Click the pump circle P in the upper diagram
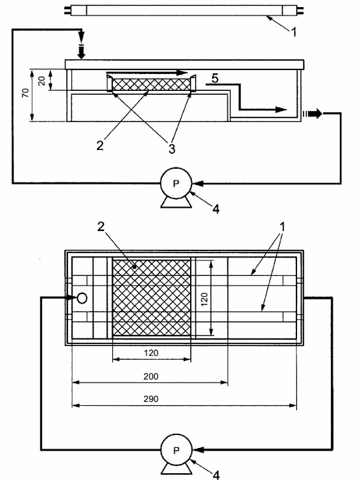pos(176,184)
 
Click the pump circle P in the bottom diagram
pos(176,450)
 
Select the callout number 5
pos(215,79)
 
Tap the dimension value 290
pos(150,399)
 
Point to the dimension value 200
pos(150,377)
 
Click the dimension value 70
pos(26,93)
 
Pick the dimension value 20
pos(42,80)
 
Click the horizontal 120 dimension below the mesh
pos(150,353)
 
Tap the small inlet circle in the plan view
pos(82,298)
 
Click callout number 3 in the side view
pos(172,149)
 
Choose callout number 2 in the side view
pos(100,145)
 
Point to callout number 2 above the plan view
pos(101,227)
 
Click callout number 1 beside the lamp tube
pos(294,32)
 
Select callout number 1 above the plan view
pos(282,227)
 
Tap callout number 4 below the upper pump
pos(216,209)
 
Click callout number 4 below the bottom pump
pos(216,475)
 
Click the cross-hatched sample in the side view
pos(150,84)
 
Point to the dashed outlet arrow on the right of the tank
pos(312,114)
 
